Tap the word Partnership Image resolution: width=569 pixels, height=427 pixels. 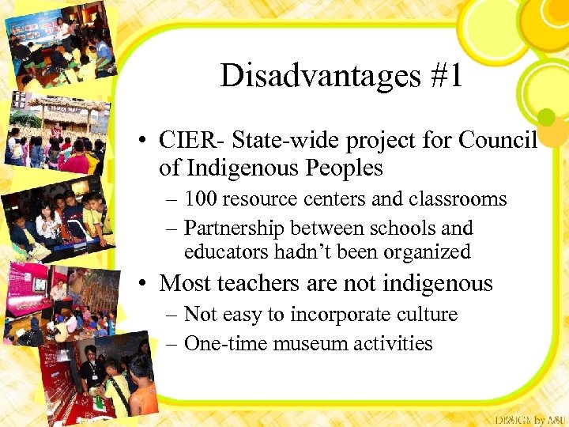point(233,229)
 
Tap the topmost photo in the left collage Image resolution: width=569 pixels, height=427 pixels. point(55,47)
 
